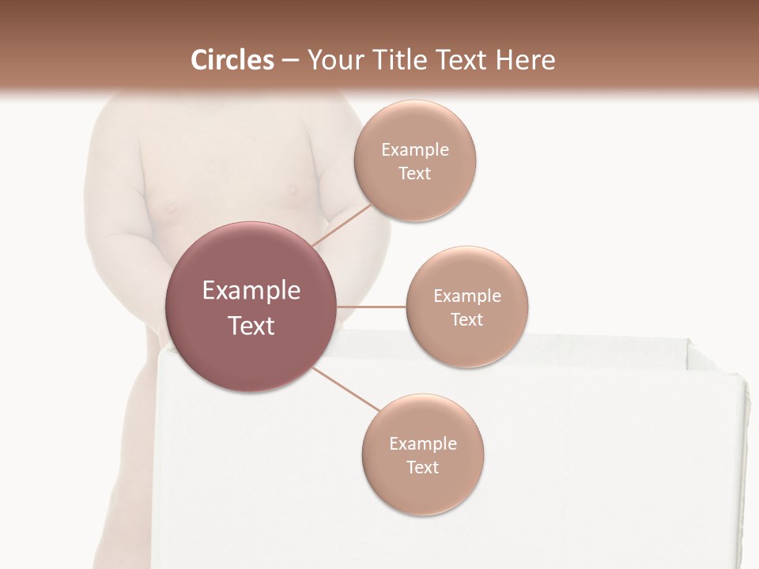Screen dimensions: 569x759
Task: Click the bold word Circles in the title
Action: pos(232,60)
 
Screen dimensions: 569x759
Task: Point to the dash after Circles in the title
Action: pos(290,61)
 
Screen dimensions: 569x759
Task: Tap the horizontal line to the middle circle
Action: pos(372,306)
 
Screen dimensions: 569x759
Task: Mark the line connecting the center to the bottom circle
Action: pos(346,389)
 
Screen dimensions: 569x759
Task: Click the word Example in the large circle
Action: pos(251,291)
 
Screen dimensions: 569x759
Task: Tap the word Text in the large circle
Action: pos(251,326)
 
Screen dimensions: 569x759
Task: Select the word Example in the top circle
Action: pos(414,150)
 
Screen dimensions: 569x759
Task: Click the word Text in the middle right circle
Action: pos(466,319)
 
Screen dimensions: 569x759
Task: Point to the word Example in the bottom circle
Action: pos(422,444)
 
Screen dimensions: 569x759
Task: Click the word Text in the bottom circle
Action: pos(422,467)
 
